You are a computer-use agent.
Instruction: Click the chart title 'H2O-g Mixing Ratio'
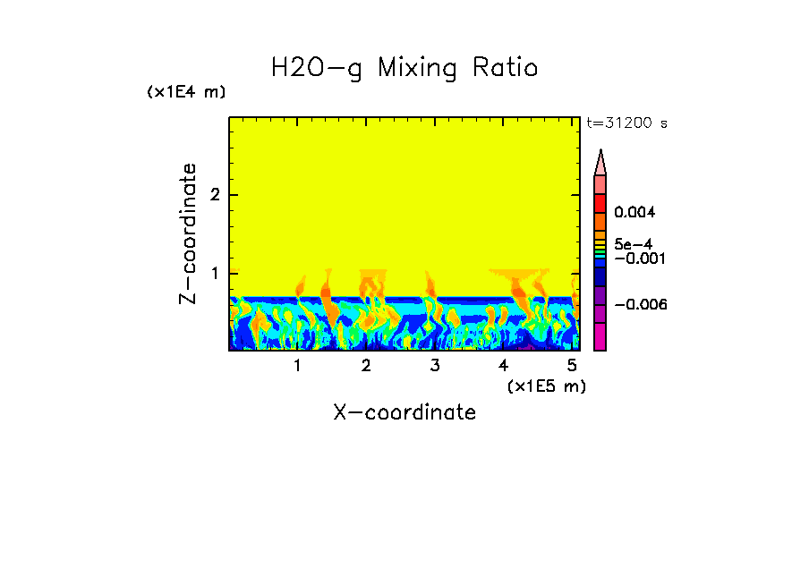[x=404, y=68]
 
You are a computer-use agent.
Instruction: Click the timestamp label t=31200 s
[x=626, y=123]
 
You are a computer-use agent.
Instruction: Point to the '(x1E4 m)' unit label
[x=186, y=92]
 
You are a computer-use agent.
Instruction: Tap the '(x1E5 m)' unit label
[x=546, y=386]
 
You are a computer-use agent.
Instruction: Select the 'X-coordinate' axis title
[x=404, y=412]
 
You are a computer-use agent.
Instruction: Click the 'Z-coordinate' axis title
[x=188, y=233]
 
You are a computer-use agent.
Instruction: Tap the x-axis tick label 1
[x=297, y=366]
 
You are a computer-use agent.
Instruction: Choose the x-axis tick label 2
[x=366, y=366]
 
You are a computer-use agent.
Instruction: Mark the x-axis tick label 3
[x=434, y=366]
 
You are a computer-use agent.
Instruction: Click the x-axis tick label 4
[x=503, y=366]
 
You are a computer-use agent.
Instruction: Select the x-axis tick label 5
[x=572, y=366]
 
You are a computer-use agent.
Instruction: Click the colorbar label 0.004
[x=636, y=213]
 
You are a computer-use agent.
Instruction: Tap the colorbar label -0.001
[x=639, y=258]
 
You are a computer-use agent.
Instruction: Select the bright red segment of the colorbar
[x=600, y=203]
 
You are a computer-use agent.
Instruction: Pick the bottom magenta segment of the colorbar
[x=600, y=337]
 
